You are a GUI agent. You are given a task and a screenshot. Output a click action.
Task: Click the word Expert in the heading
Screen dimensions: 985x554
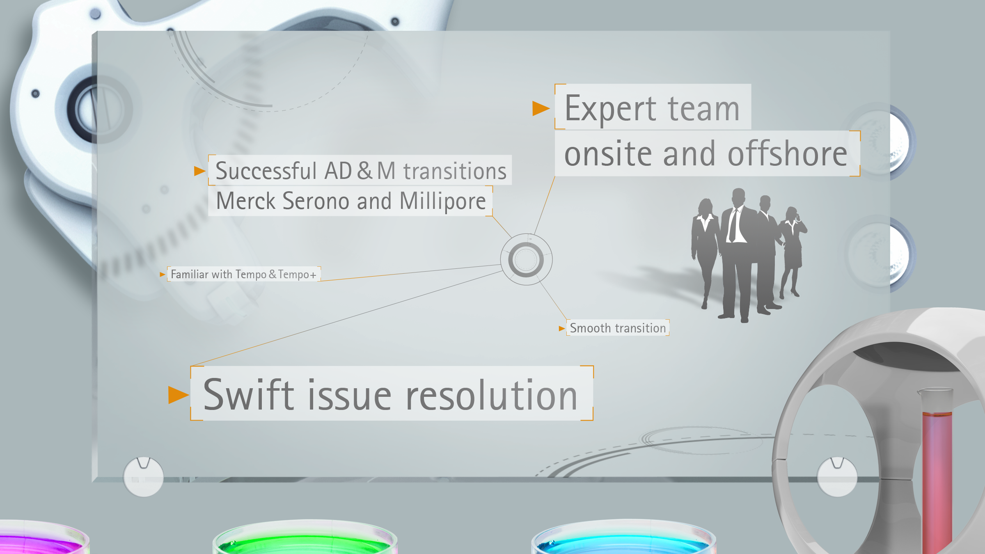click(x=610, y=109)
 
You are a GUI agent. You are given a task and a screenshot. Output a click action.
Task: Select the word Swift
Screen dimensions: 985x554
click(x=249, y=394)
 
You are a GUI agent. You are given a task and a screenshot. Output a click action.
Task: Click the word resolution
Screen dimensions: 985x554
click(x=492, y=394)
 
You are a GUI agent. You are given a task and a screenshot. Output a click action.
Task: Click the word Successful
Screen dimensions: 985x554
click(x=266, y=171)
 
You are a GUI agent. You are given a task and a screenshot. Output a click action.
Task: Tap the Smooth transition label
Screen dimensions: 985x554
click(x=618, y=328)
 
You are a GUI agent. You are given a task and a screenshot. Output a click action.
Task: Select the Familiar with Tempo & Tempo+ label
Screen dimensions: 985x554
click(x=244, y=274)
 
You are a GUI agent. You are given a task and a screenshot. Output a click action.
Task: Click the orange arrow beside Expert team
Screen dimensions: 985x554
click(x=541, y=108)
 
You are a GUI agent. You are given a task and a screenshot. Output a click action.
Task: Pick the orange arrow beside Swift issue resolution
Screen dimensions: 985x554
click(x=179, y=395)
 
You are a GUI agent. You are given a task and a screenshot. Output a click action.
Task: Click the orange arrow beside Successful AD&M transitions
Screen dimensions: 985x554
click(x=199, y=171)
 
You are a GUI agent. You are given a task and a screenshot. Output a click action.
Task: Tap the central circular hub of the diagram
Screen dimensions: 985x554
click(x=526, y=259)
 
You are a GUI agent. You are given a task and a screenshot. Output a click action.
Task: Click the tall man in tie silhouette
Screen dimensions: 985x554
click(x=738, y=254)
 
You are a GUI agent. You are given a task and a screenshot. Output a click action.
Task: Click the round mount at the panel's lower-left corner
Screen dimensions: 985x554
click(x=143, y=476)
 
